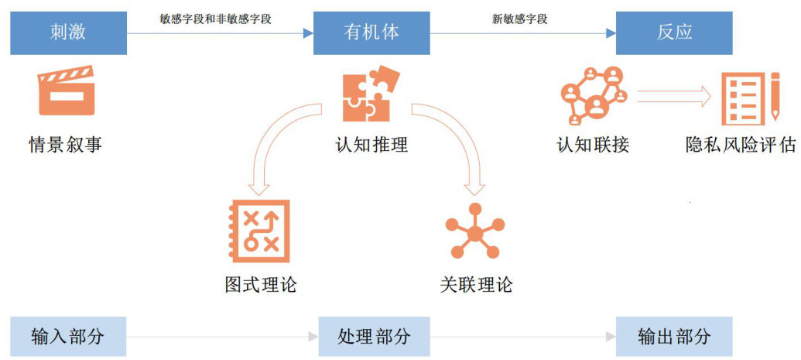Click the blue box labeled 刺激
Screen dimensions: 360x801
(68, 33)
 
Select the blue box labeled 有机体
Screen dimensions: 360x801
(371, 33)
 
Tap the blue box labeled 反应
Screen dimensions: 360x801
(673, 33)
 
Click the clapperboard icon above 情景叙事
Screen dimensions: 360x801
(66, 92)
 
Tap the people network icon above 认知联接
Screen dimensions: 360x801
(593, 95)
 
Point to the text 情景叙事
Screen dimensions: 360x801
(66, 145)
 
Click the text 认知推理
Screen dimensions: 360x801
(371, 145)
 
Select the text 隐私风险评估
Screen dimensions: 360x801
(741, 145)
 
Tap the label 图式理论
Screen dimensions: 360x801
(260, 285)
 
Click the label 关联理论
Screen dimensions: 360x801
(475, 285)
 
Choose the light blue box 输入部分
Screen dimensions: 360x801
(68, 337)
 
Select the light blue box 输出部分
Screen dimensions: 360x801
(673, 337)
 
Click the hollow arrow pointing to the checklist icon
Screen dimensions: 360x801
(674, 96)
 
